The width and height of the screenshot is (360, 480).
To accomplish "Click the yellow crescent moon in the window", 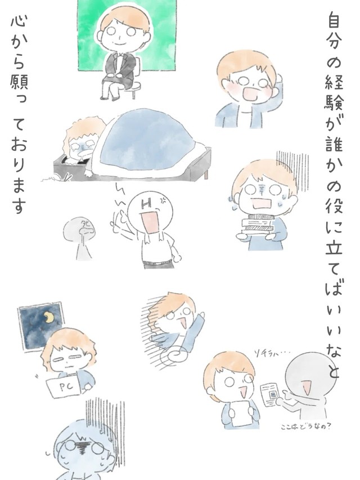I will click(x=49, y=320).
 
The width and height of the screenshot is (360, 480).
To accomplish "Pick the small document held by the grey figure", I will click(x=271, y=391).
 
